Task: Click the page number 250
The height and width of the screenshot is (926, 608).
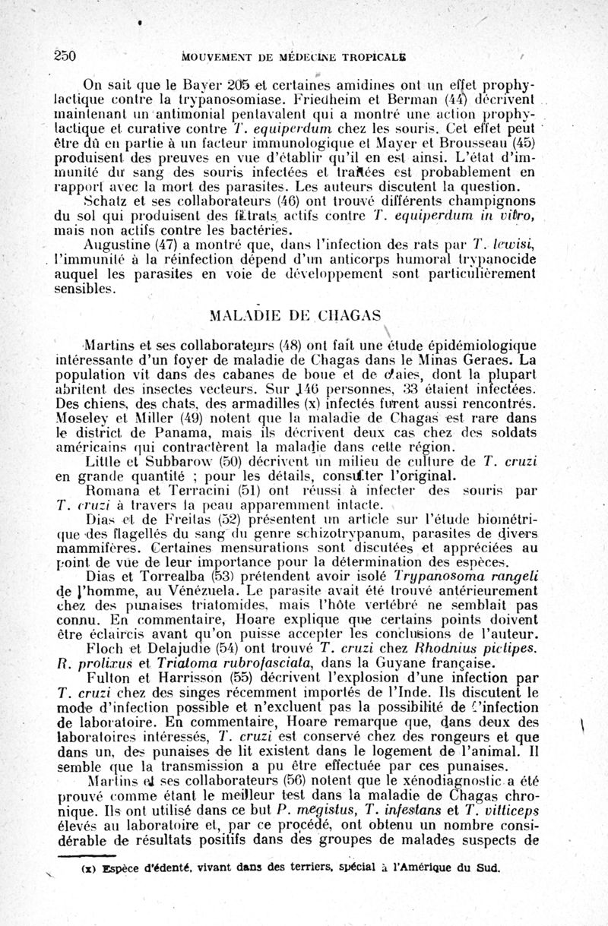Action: click(x=68, y=55)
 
